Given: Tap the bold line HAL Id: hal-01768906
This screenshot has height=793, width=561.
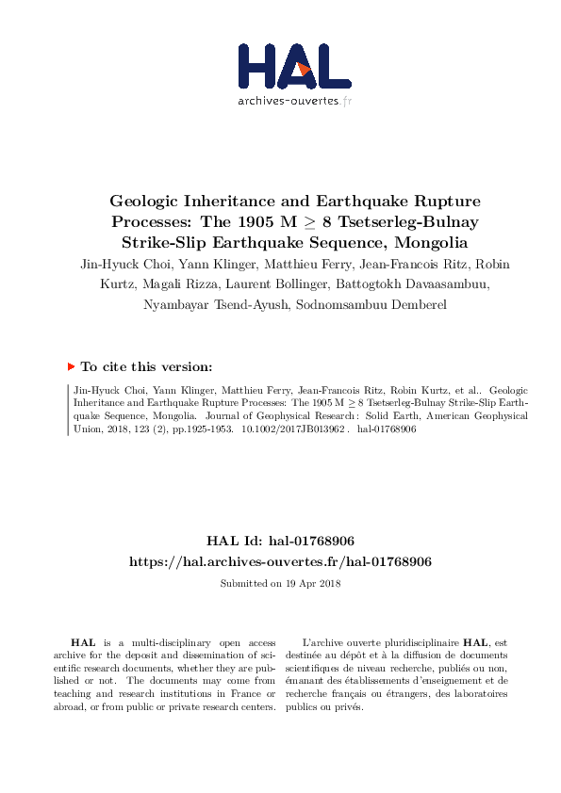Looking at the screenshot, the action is tap(280, 541).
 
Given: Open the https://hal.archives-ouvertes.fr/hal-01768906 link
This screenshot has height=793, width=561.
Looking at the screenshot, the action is tap(280, 561).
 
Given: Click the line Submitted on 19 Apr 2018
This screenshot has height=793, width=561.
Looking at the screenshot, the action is tap(280, 583).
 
